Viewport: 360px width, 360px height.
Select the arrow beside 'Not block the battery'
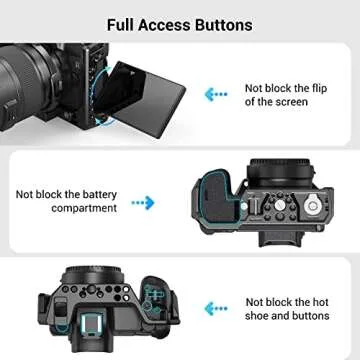tap(143, 202)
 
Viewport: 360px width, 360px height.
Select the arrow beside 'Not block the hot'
tap(212, 311)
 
